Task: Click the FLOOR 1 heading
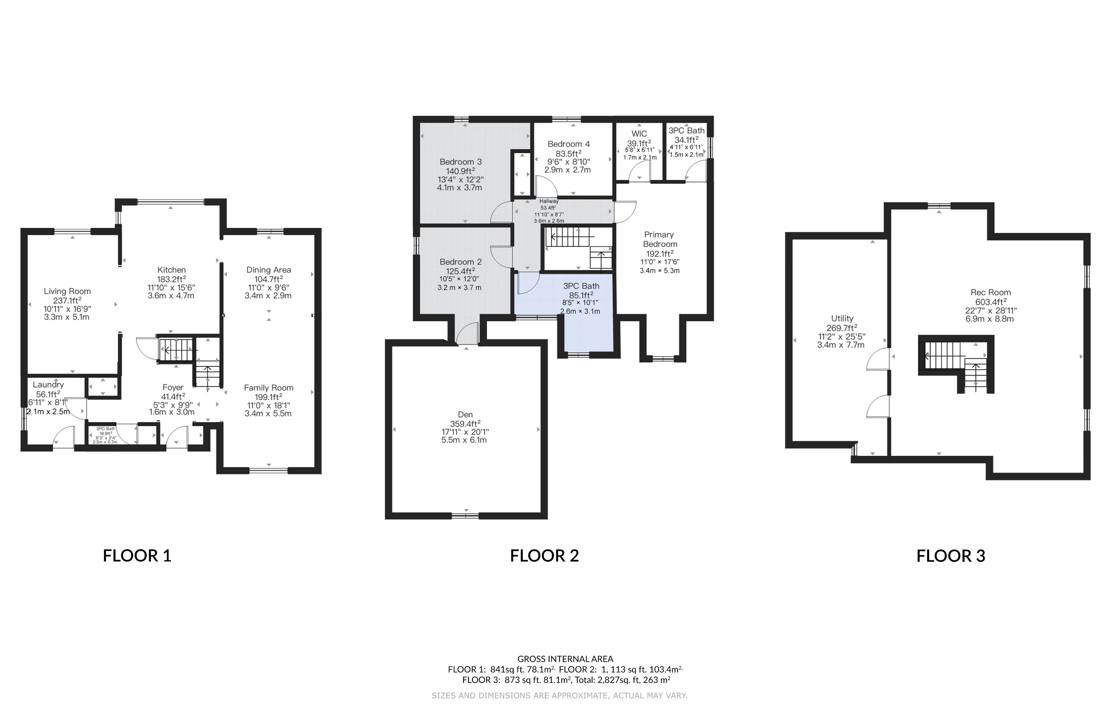click(137, 556)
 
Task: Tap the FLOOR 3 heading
click(951, 556)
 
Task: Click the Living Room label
click(67, 291)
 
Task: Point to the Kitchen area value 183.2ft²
click(171, 279)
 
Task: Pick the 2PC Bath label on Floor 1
click(106, 428)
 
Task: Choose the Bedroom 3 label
click(461, 162)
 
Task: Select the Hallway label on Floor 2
click(549, 202)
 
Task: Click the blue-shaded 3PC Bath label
click(581, 286)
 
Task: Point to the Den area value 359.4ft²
click(465, 423)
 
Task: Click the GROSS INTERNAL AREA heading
click(565, 659)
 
